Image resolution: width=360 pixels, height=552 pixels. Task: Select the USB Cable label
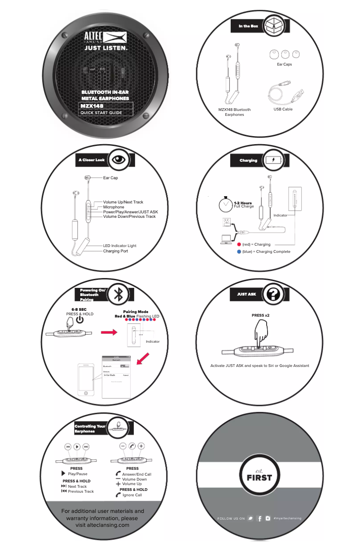tap(283, 109)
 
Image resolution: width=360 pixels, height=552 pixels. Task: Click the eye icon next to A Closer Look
tap(119, 159)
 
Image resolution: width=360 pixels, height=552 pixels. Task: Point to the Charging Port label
tap(115, 251)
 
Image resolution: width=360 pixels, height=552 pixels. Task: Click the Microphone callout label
tap(114, 207)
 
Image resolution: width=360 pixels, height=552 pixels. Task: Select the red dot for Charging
tap(239, 244)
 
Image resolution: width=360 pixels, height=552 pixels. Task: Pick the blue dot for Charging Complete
tap(239, 252)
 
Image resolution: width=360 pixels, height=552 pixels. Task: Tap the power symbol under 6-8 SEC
tap(79, 320)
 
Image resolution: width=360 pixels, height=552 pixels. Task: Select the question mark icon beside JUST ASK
tap(273, 294)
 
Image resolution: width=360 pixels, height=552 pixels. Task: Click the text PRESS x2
tap(260, 315)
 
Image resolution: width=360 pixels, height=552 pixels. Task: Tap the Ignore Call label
tap(132, 495)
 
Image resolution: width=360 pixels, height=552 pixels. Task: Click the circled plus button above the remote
tap(141, 446)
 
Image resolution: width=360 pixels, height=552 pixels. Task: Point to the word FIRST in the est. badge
tap(259, 477)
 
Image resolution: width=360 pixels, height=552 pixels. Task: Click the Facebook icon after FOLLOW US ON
tap(259, 518)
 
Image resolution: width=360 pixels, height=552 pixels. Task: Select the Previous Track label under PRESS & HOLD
tap(81, 491)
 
